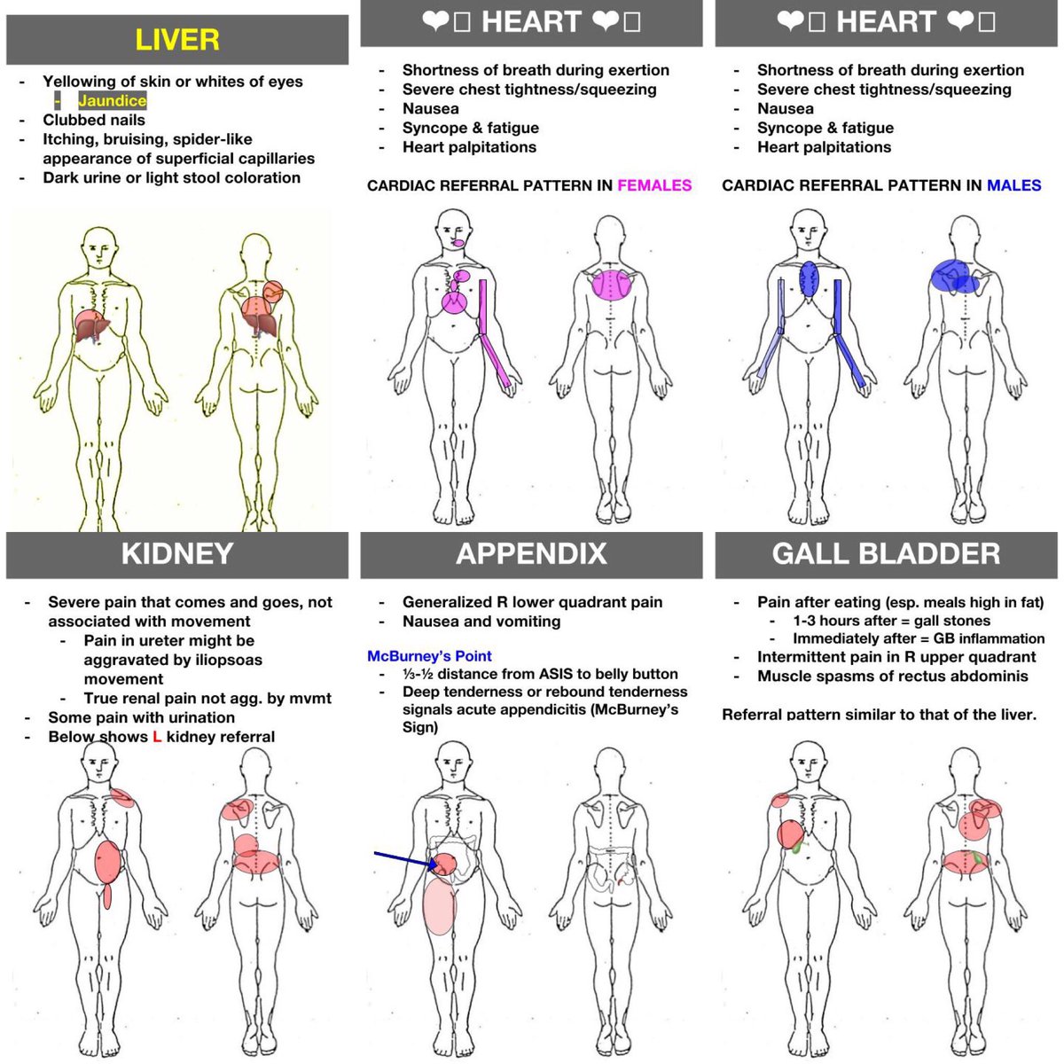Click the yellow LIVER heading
coord(177,40)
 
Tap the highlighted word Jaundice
coord(112,101)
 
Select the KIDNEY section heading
coord(177,554)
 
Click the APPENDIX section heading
coord(531,554)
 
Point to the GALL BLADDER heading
coord(886,554)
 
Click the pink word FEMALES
coord(654,185)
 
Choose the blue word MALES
coord(1014,185)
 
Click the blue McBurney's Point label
coord(429,656)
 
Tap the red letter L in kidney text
coord(157,737)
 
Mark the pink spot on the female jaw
coord(458,242)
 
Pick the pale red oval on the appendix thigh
coord(439,906)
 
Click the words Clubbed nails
coord(94,120)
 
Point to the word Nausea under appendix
coord(431,622)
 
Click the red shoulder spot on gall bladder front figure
coord(780,801)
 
